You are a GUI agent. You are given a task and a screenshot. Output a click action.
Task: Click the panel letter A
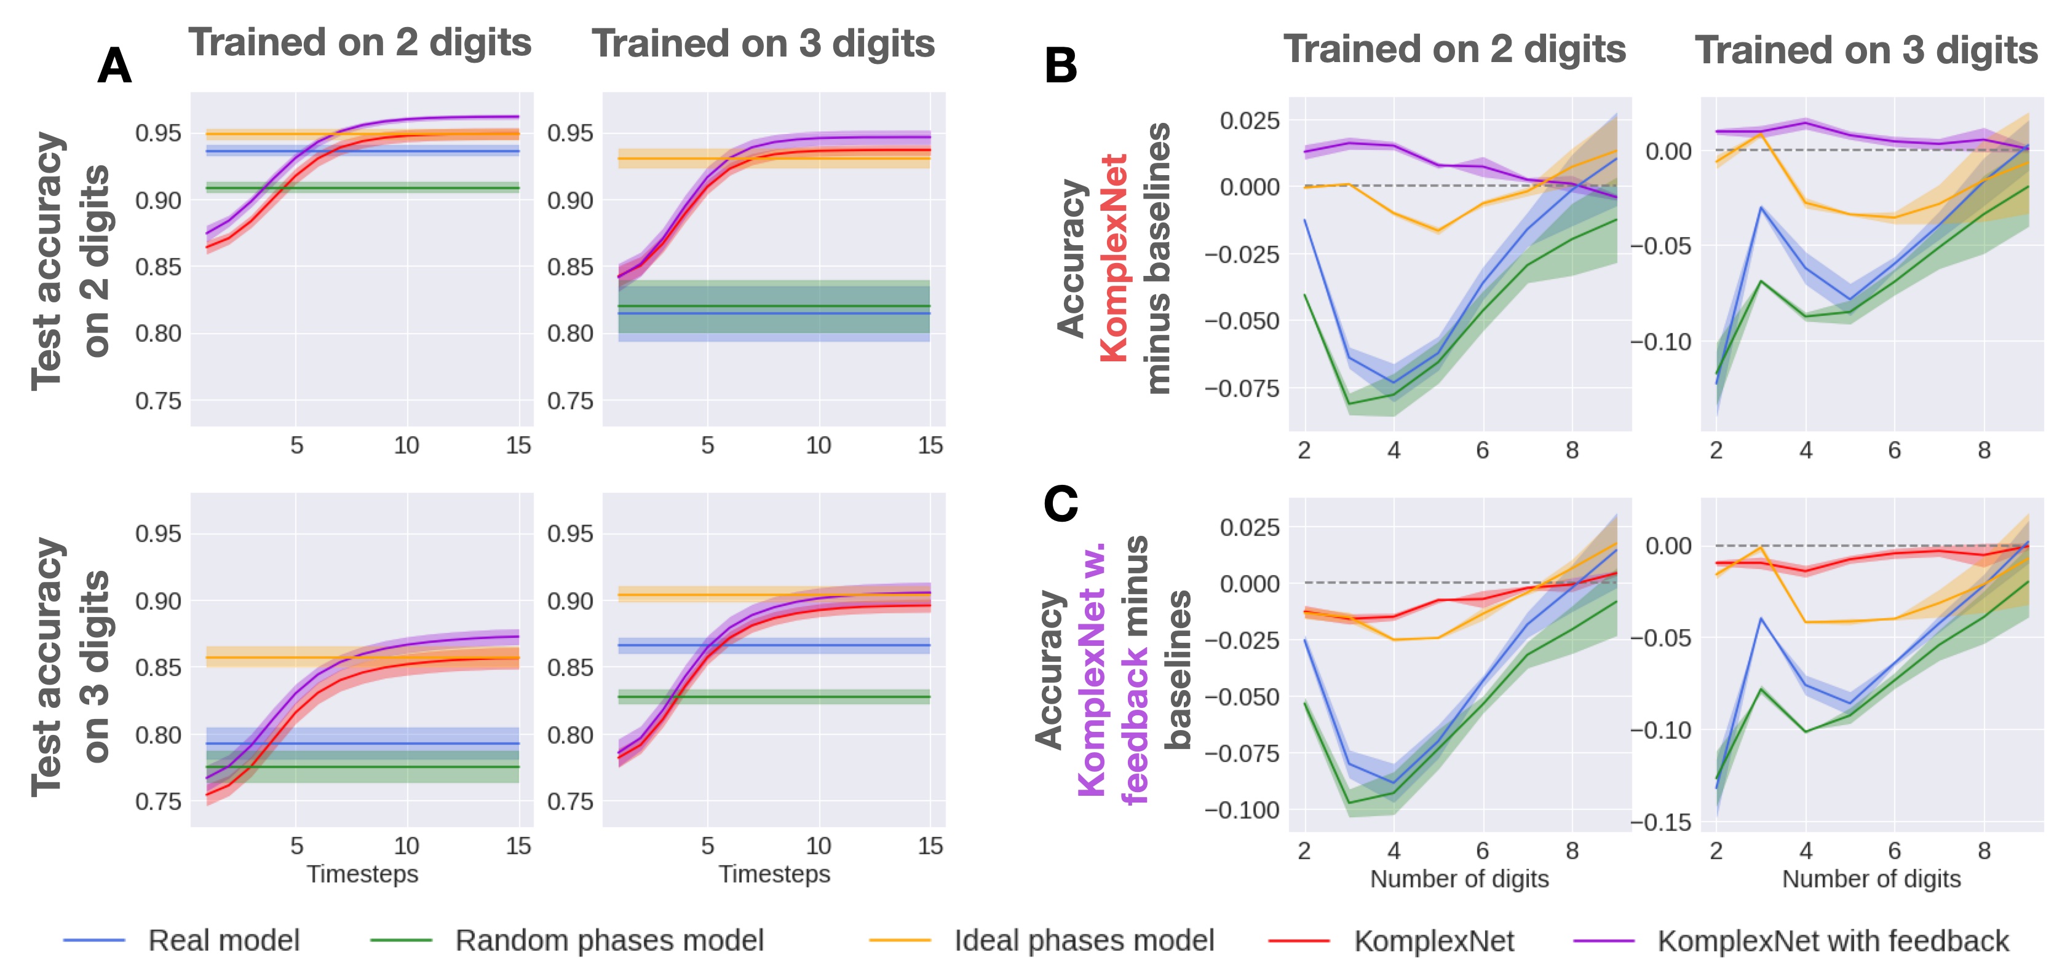(114, 66)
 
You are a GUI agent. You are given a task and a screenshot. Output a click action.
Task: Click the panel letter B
(1060, 66)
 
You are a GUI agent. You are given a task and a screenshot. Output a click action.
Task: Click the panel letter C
(1060, 505)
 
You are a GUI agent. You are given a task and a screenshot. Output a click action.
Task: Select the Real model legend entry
(223, 940)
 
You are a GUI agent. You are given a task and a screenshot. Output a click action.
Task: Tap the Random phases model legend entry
(609, 940)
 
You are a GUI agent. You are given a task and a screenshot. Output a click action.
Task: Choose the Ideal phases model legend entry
(1084, 940)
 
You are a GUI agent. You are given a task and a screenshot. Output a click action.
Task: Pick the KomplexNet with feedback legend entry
(1833, 940)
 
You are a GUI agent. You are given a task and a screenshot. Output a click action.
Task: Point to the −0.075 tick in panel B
(1242, 389)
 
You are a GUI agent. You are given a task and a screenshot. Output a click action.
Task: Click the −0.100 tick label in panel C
(1242, 811)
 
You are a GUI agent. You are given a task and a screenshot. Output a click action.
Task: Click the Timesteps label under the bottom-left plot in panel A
(363, 874)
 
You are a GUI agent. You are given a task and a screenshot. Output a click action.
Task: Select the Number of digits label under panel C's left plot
(1459, 879)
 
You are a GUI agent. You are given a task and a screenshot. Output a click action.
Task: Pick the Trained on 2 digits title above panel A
(360, 43)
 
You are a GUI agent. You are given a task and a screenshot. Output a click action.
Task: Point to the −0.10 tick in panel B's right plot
(1662, 342)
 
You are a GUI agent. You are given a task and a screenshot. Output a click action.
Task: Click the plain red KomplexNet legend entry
(1433, 940)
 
